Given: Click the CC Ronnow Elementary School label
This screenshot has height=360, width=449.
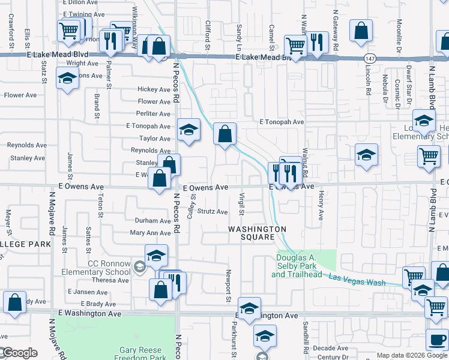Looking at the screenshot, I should [x=96, y=268].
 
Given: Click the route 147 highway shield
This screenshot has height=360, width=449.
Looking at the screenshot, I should [x=370, y=58].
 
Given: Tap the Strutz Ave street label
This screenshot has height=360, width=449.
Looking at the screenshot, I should [x=212, y=212].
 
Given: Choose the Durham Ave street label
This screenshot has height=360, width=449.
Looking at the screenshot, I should [x=153, y=221].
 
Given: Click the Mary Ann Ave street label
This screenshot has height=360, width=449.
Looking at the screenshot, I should [x=150, y=233].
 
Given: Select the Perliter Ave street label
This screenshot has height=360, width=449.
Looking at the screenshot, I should [x=153, y=113].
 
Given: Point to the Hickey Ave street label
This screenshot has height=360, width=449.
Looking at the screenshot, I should [x=154, y=89].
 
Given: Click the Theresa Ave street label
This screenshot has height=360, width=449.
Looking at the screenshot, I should [x=110, y=280].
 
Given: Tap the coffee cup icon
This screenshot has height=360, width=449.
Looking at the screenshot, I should [x=436, y=339].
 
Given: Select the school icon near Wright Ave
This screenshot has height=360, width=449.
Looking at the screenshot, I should [x=67, y=77].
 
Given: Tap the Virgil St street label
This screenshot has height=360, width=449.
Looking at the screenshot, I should [x=243, y=203].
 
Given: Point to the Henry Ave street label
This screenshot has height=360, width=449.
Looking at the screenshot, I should [x=321, y=206].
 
